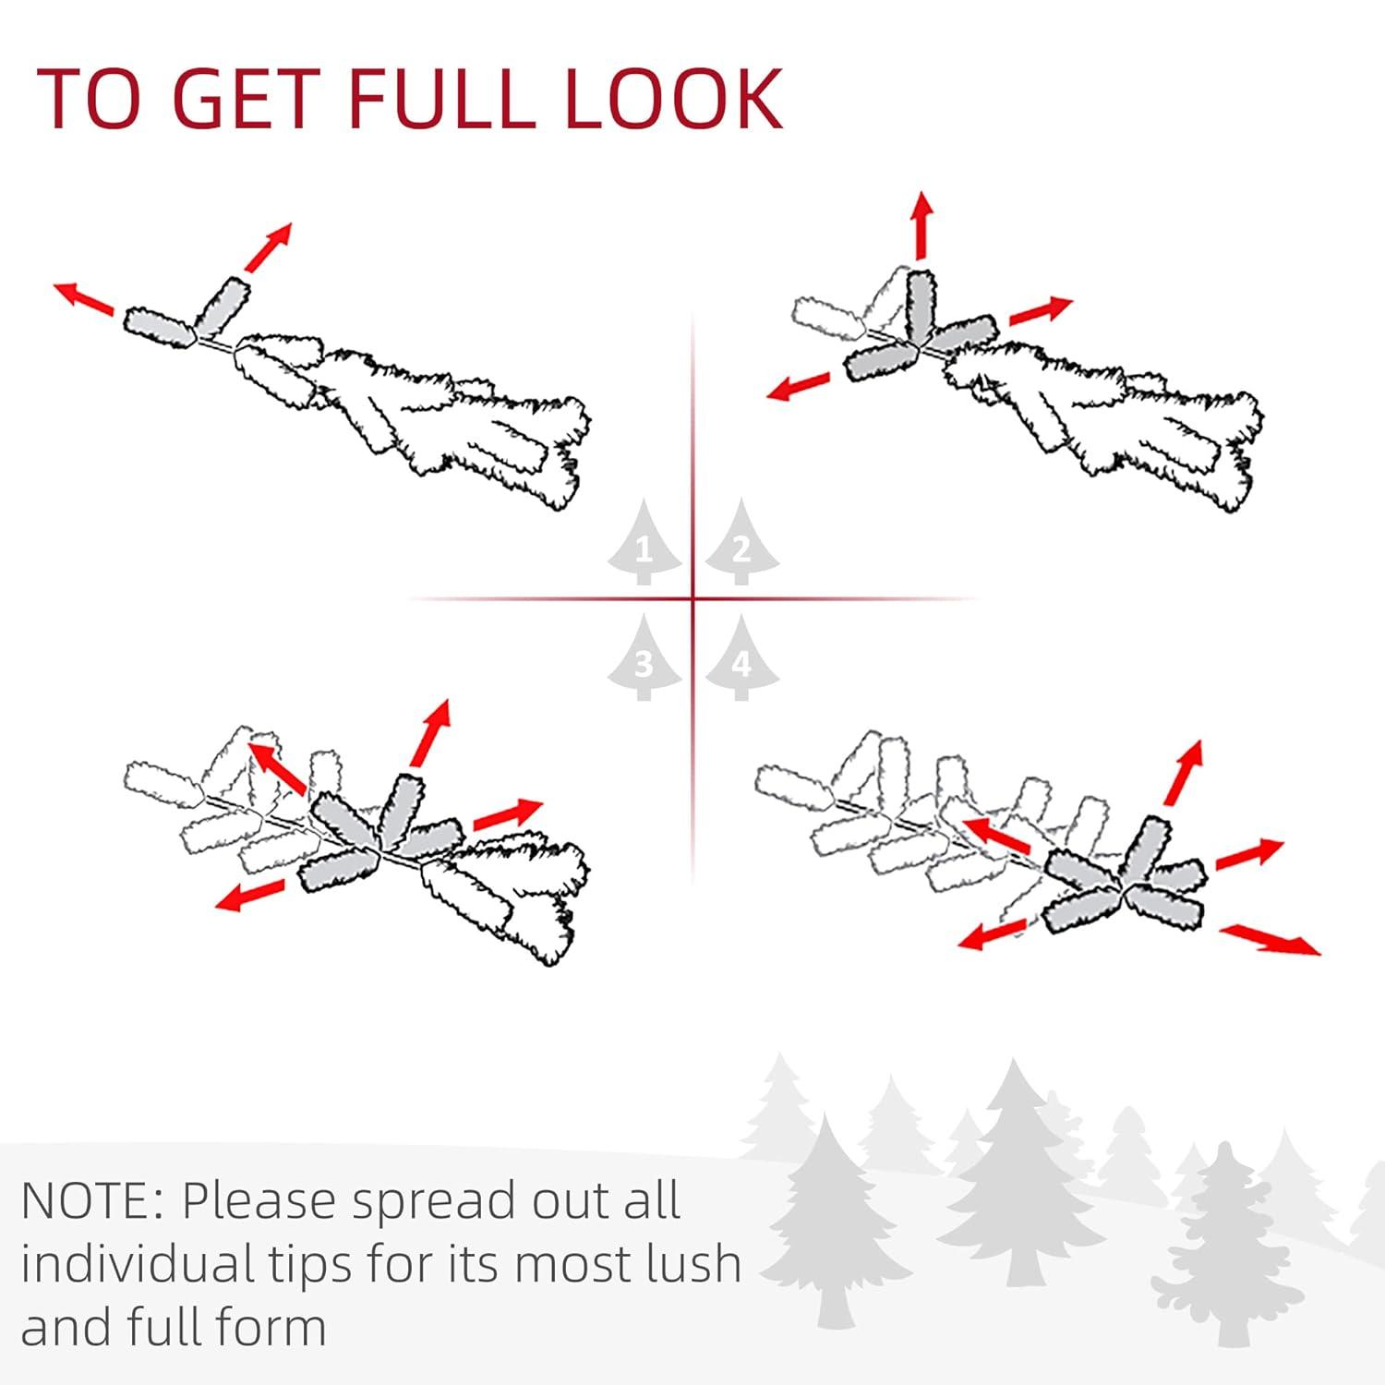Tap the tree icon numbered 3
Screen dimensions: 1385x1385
click(644, 658)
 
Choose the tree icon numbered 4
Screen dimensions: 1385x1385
click(741, 658)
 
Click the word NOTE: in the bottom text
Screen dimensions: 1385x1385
click(92, 1201)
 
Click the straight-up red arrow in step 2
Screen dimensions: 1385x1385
click(921, 227)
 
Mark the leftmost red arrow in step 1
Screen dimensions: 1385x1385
click(85, 298)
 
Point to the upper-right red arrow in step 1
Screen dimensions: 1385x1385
click(268, 247)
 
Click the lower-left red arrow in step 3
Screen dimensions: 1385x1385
click(250, 895)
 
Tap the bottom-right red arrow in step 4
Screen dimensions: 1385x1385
click(1271, 939)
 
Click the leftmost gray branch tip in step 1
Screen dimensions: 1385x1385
click(160, 326)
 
